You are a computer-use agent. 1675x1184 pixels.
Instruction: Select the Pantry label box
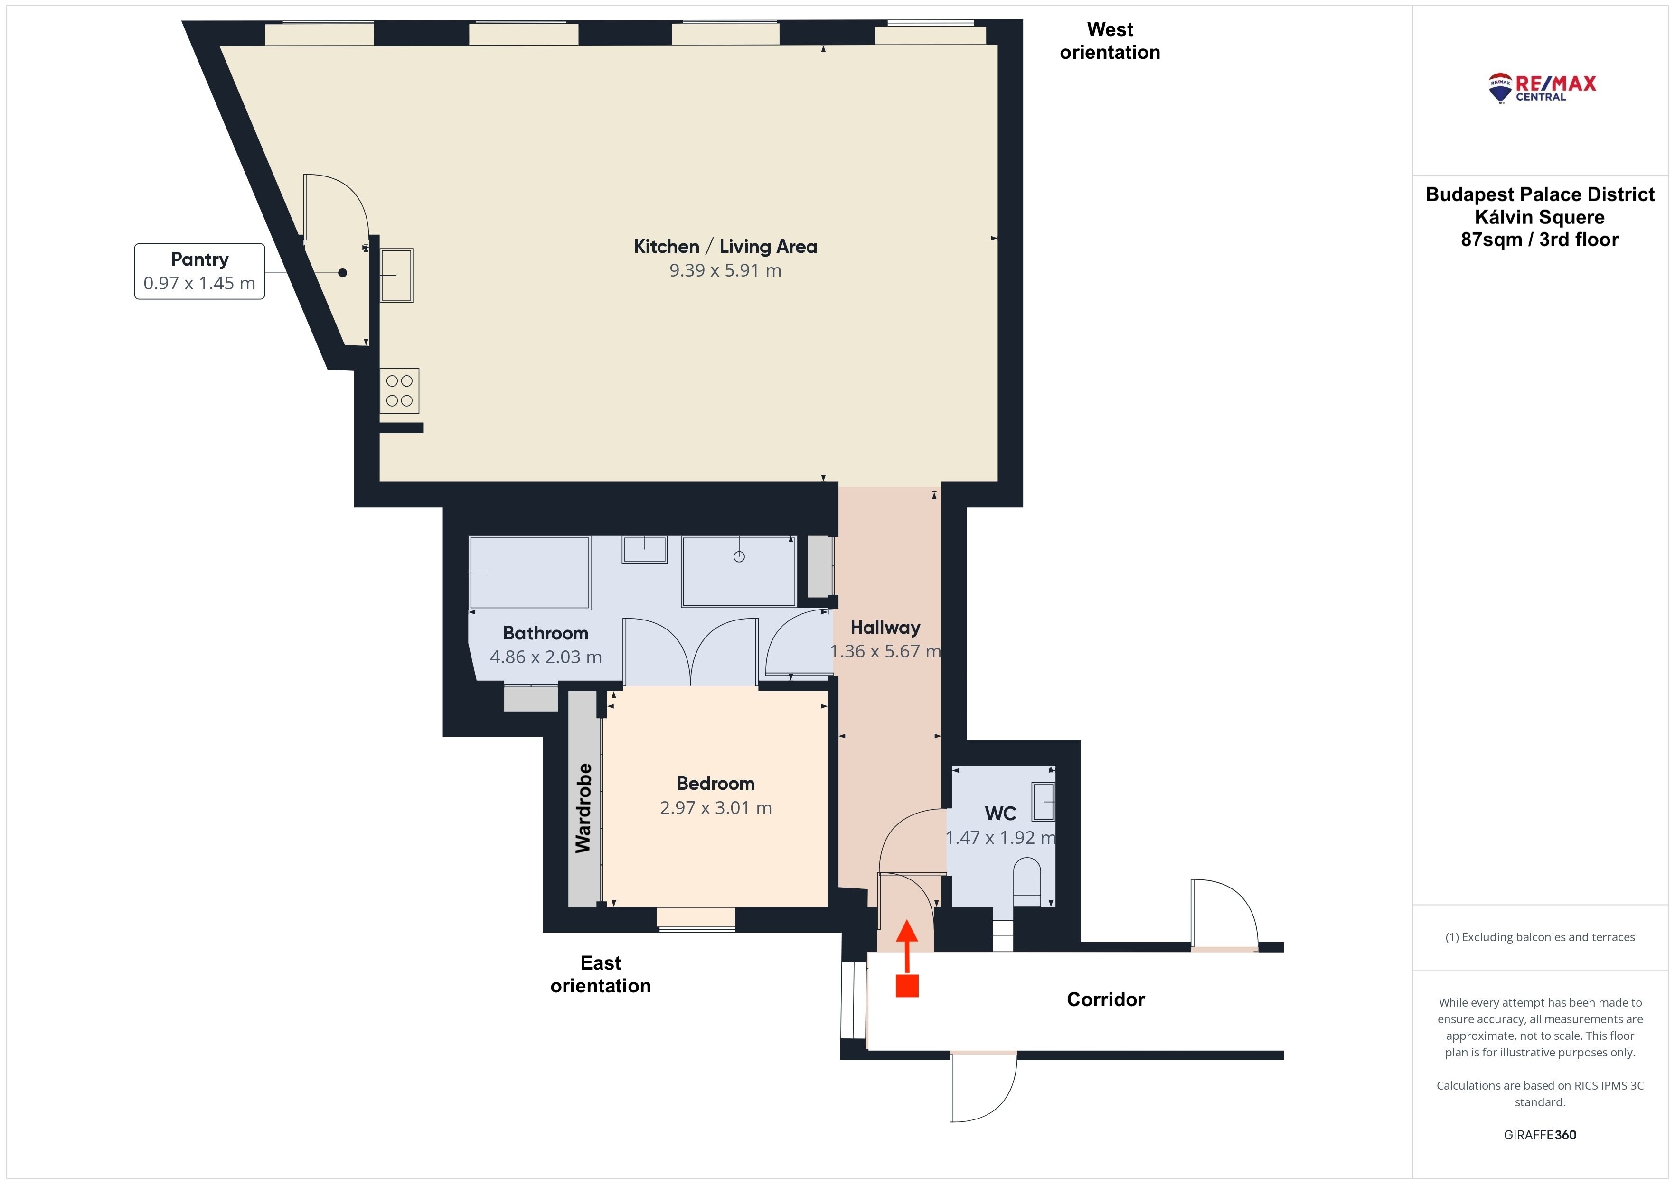(x=199, y=271)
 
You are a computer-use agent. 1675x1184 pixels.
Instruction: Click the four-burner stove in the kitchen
(x=399, y=391)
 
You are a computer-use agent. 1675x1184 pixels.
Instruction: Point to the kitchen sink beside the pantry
(x=396, y=276)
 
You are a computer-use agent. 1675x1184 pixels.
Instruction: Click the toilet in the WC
(x=1027, y=881)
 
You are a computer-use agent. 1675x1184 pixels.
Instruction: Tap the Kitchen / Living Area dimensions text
(x=725, y=270)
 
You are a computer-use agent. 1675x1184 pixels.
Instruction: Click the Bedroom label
(x=715, y=783)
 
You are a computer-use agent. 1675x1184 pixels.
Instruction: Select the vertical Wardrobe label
(x=583, y=808)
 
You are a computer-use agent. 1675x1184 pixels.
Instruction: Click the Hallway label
(x=885, y=627)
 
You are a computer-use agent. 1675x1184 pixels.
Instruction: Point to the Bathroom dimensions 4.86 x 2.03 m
(x=546, y=657)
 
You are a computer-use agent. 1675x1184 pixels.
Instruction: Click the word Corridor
(x=1105, y=999)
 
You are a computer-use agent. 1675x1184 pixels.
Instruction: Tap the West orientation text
(x=1110, y=41)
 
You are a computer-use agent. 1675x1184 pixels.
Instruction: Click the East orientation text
(x=601, y=974)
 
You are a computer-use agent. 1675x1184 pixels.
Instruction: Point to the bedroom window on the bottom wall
(x=696, y=919)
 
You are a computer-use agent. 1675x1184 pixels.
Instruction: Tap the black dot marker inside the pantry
(x=342, y=273)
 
